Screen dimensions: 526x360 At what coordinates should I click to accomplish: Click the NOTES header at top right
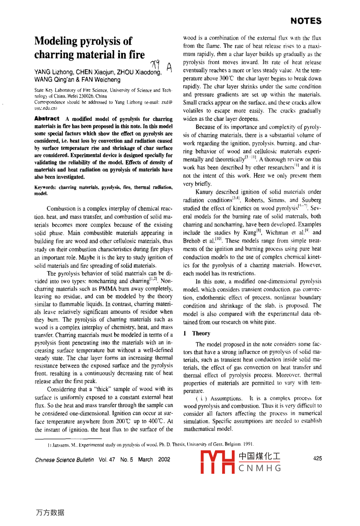(x=306, y=21)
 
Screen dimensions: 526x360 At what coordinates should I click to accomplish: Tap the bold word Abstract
(x=47, y=119)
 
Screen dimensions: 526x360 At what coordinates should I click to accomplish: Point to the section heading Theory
(x=201, y=334)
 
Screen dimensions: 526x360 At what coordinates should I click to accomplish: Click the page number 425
(x=317, y=459)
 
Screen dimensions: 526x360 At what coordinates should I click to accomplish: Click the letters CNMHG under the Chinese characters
(x=260, y=468)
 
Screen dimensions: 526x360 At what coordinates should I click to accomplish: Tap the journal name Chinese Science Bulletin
(x=65, y=459)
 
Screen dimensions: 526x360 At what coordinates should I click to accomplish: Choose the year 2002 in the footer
(x=164, y=459)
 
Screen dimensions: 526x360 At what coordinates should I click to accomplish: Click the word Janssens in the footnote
(x=58, y=444)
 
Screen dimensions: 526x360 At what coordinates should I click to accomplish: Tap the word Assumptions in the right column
(x=226, y=398)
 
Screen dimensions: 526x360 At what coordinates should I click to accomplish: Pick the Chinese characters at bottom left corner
(x=50, y=513)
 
